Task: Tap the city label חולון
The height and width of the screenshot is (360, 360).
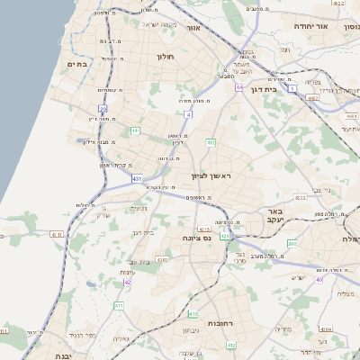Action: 165,57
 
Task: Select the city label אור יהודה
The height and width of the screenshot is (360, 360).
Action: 336,27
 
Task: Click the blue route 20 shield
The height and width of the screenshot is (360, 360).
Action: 103,109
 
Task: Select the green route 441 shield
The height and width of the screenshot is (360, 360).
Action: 135,130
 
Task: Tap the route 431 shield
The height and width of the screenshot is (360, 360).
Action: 137,179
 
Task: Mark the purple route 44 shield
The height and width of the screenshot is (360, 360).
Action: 239,88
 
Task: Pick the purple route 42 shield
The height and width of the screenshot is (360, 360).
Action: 128,282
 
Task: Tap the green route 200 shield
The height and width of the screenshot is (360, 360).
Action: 292,243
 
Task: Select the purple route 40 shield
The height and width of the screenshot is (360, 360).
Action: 319,279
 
